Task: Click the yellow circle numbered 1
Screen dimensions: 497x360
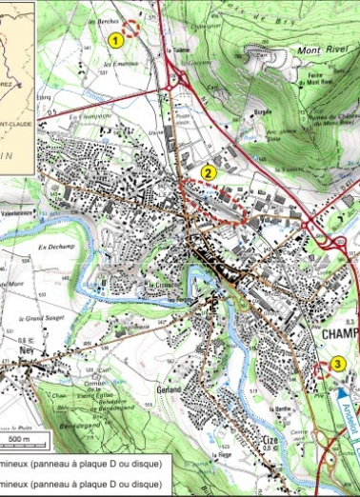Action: tap(116, 40)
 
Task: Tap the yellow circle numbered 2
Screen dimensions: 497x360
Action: tap(209, 172)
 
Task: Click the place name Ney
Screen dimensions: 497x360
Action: tap(26, 348)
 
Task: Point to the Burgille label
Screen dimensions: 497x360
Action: tap(265, 110)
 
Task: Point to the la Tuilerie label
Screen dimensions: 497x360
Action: tap(175, 51)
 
